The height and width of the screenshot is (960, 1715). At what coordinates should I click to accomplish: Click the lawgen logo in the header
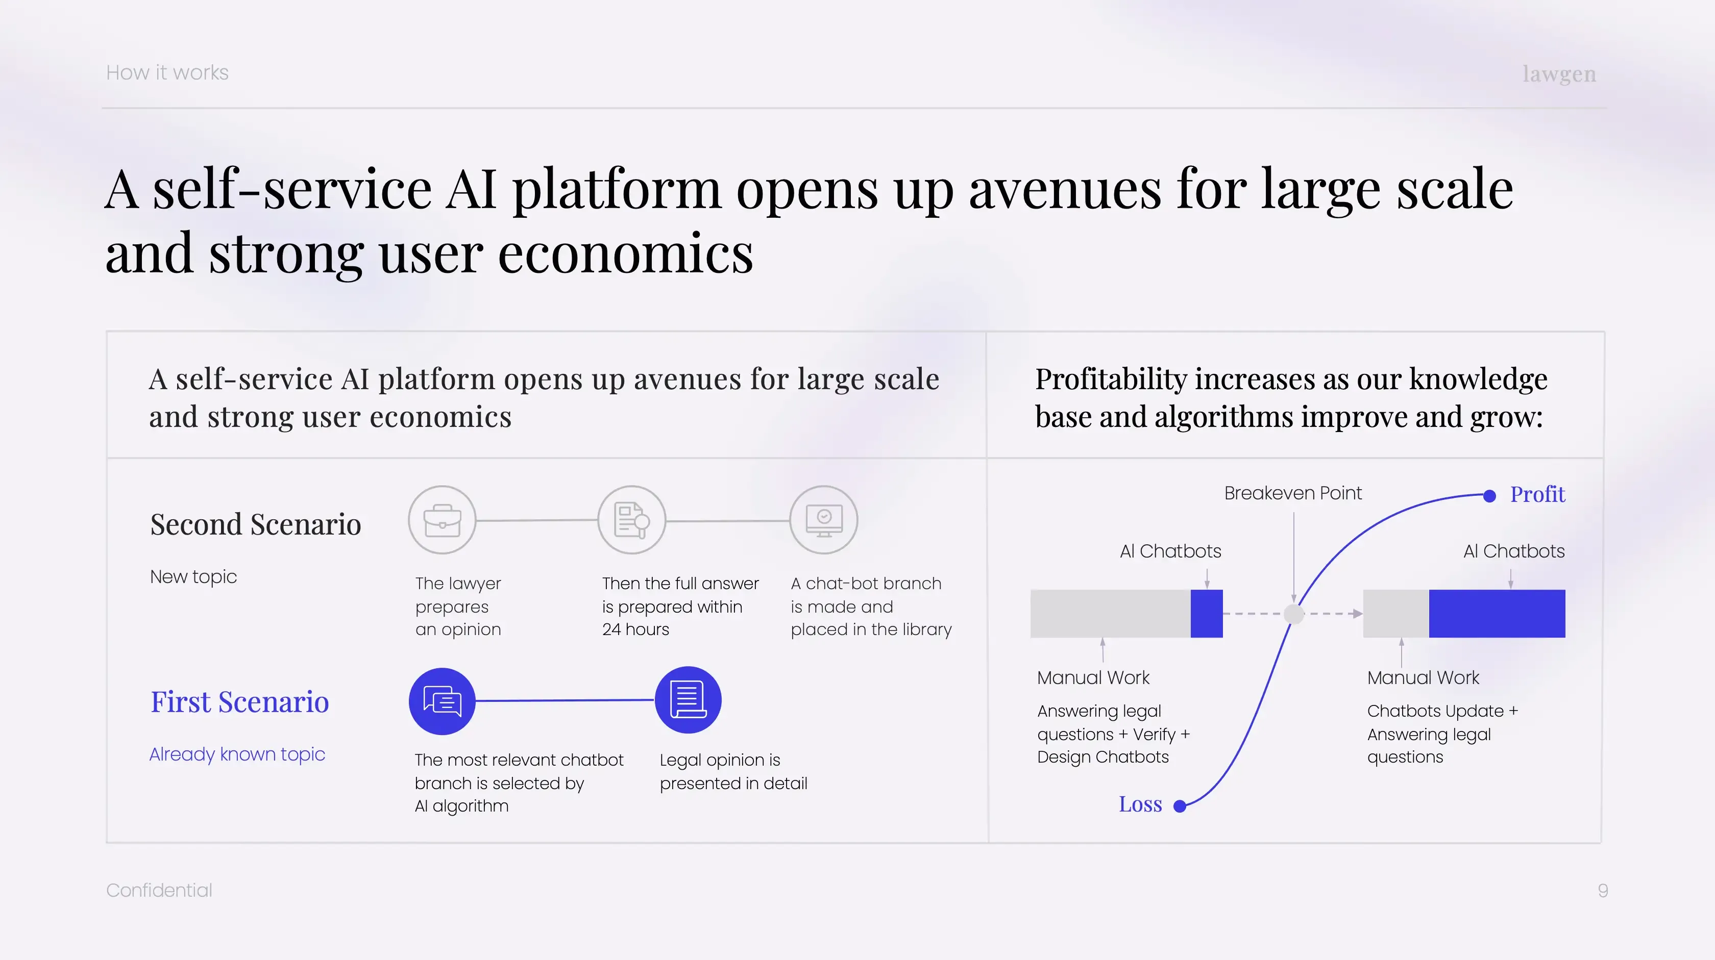point(1559,74)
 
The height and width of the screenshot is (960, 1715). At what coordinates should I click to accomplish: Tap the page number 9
point(1603,890)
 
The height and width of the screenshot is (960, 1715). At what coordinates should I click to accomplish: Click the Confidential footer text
point(159,890)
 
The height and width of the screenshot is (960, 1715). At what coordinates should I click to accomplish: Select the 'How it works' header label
point(167,72)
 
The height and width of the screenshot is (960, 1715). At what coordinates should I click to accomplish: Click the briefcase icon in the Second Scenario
point(442,520)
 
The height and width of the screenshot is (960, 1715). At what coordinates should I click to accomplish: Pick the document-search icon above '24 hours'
point(632,520)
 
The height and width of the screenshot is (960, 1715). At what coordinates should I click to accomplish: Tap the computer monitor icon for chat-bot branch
point(823,520)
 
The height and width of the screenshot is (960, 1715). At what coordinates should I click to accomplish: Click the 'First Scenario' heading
point(240,702)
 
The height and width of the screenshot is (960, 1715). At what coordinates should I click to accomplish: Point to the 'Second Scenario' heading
point(256,524)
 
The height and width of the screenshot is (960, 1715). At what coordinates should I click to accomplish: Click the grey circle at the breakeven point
point(1293,613)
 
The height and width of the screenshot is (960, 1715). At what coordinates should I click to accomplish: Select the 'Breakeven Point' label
point(1293,493)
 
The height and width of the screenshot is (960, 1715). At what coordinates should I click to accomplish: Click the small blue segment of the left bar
point(1206,613)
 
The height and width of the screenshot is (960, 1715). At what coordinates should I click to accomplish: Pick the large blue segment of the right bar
point(1497,613)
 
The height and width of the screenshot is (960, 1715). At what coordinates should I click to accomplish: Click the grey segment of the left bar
point(1111,613)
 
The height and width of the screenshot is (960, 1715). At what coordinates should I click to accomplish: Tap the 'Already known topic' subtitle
point(237,754)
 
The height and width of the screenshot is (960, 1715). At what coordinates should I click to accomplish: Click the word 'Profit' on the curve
point(1537,494)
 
